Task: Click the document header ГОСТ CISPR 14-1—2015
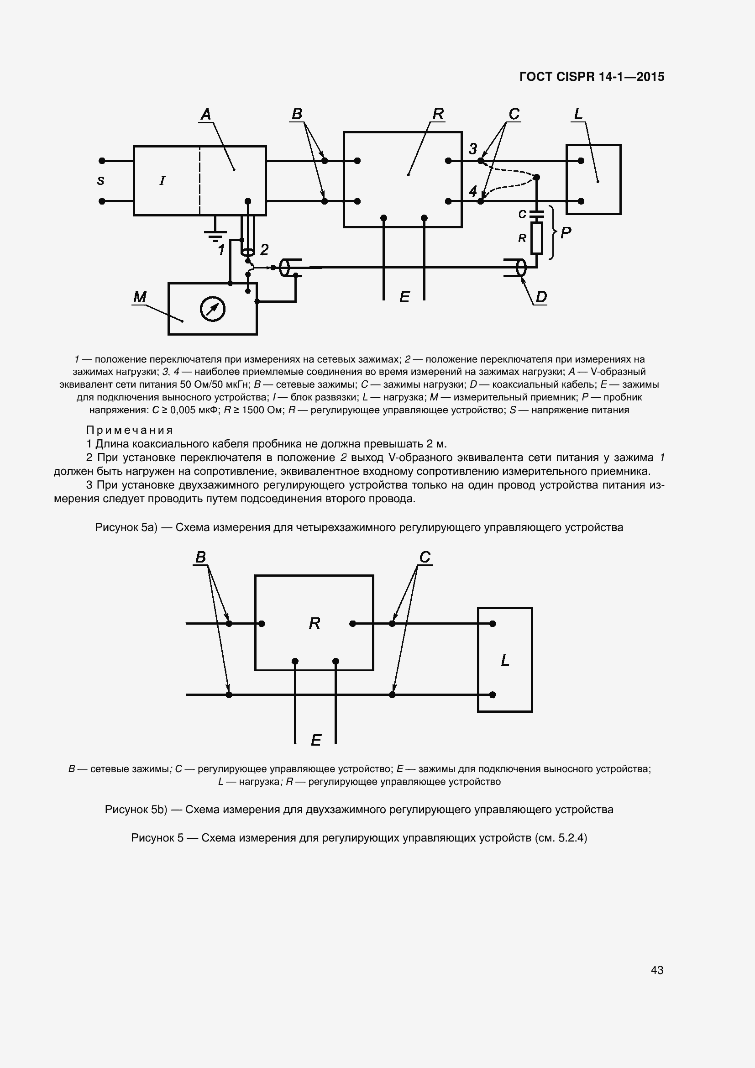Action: [x=591, y=77]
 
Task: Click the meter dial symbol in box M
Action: [x=212, y=309]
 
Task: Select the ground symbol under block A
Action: [x=215, y=234]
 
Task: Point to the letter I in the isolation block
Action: [x=162, y=181]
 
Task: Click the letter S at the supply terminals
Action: [x=100, y=181]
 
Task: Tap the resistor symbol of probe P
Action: [x=536, y=238]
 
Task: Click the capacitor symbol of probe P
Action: [x=536, y=214]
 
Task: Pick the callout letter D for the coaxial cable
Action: [x=541, y=297]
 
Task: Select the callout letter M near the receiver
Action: [x=140, y=297]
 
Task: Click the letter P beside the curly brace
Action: [x=566, y=232]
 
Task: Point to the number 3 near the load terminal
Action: [x=473, y=149]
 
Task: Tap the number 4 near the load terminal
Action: [x=473, y=191]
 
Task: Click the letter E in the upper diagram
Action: [x=404, y=297]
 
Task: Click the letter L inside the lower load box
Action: [x=505, y=660]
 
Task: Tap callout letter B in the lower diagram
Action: [x=200, y=557]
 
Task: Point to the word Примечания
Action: [x=130, y=430]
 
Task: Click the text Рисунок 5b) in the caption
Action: [x=135, y=810]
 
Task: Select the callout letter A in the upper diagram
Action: [x=205, y=114]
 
